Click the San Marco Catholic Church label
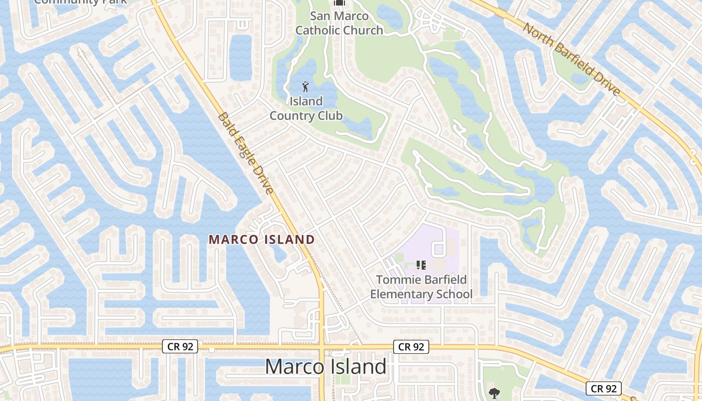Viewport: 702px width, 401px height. [x=339, y=23]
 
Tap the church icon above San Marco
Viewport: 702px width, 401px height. [x=339, y=3]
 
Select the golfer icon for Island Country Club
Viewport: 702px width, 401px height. [x=305, y=87]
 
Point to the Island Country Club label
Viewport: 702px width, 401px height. [x=306, y=108]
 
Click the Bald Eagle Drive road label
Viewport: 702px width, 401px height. [x=246, y=153]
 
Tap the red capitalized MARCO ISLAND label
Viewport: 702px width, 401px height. [x=262, y=240]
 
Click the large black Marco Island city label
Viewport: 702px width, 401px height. [x=325, y=366]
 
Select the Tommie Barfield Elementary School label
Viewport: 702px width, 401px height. [x=421, y=287]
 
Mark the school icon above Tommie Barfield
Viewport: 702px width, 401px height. [x=421, y=265]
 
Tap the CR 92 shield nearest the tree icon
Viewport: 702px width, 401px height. [x=604, y=388]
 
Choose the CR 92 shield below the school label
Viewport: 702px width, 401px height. [x=412, y=346]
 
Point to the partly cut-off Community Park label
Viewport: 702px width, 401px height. [x=81, y=2]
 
